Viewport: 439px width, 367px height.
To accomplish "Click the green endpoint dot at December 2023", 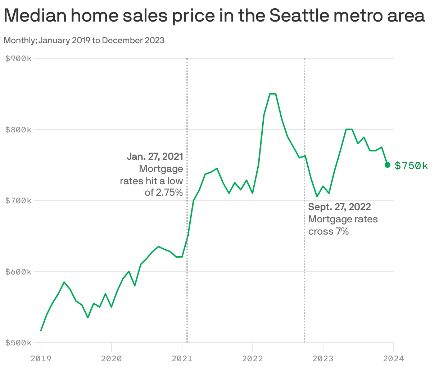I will coord(388,165).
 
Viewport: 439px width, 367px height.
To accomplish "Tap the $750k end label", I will coord(411,166).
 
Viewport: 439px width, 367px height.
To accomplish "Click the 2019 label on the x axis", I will coord(41,358).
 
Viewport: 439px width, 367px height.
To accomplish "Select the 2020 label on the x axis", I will coord(112,358).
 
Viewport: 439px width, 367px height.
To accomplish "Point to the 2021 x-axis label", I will coord(182,358).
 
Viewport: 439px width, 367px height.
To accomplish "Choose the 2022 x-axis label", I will coord(253,358).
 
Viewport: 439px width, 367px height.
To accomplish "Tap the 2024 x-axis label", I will coord(394,358).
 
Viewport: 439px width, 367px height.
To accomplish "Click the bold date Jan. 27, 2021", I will coord(155,157).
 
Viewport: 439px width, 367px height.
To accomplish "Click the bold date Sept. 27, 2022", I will coord(340,207).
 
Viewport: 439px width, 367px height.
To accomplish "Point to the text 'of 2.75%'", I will coord(164,192).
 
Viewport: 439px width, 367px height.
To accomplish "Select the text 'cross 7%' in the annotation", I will coord(329,231).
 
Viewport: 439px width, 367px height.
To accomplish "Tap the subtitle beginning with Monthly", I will coord(84,40).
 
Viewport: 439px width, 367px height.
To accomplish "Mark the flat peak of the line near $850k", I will coord(273,94).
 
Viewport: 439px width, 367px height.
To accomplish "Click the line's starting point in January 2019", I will coord(41,330).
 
